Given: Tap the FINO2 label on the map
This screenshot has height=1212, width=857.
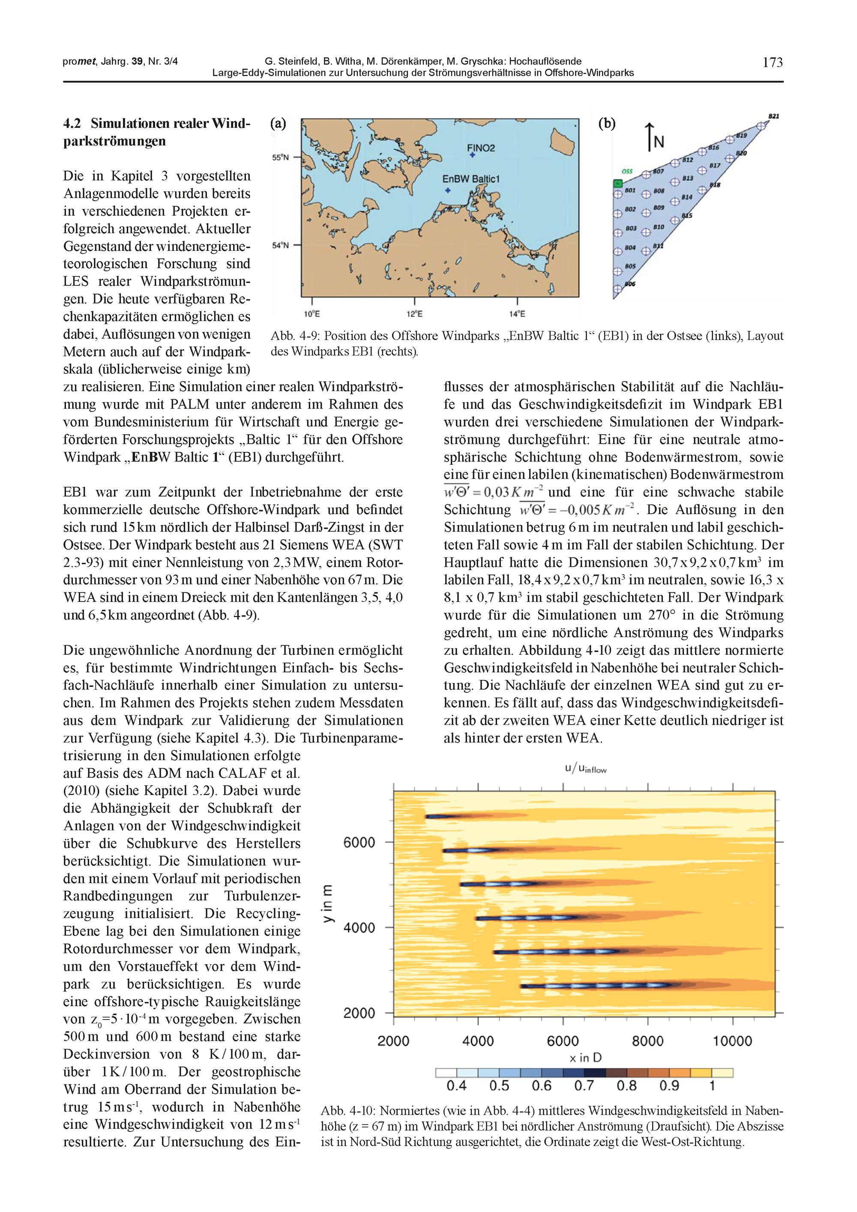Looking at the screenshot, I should pos(481,148).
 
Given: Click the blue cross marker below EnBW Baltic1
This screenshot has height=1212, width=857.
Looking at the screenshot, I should pos(447,190).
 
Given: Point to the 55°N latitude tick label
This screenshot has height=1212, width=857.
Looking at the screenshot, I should pos(280,157).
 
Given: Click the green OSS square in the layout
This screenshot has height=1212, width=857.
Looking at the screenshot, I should pos(617,183).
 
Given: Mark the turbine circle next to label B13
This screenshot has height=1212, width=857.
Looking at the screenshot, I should pos(674,182).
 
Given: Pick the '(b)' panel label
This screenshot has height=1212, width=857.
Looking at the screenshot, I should pos(607,123).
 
